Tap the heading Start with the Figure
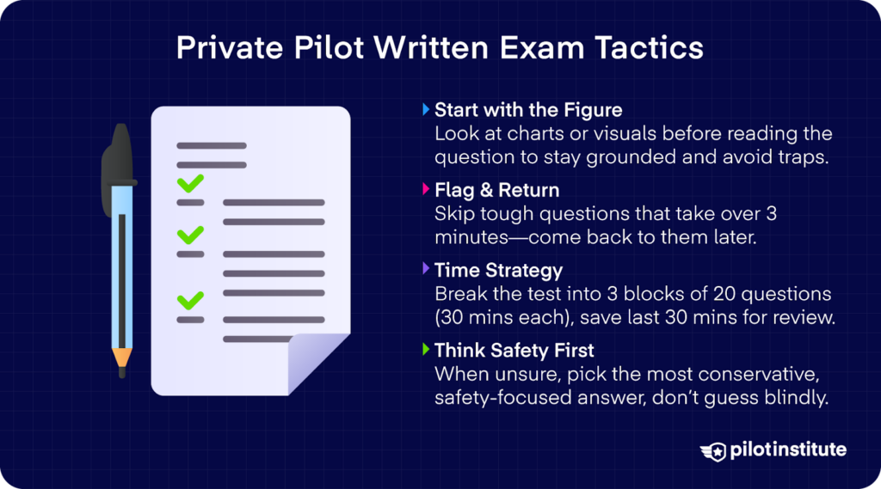(528, 110)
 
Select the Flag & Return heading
(496, 190)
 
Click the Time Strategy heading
(498, 271)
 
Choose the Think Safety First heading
(514, 351)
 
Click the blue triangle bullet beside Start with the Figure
(426, 110)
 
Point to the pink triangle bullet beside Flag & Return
(426, 190)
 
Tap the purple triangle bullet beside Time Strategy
(426, 271)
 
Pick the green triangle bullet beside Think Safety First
(426, 351)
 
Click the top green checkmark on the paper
(190, 182)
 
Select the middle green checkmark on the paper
(190, 234)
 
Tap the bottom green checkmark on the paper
(190, 300)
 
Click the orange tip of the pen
(122, 358)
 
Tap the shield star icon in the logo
(713, 450)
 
